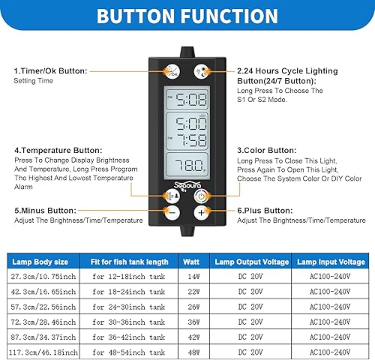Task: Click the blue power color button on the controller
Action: (200, 196)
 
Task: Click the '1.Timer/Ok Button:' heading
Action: (50, 70)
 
